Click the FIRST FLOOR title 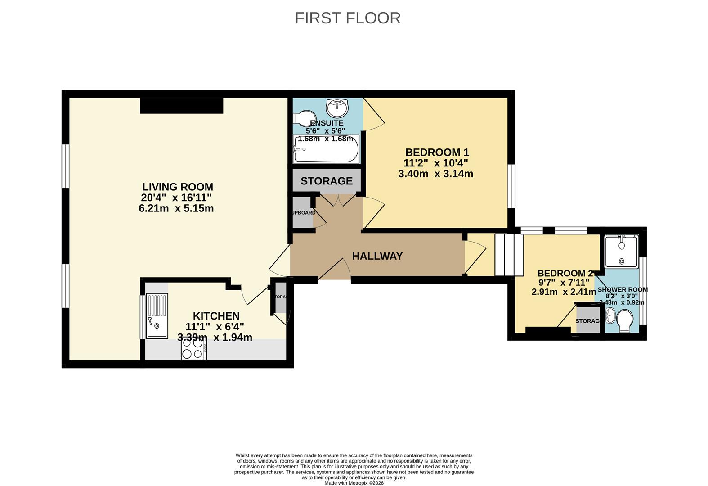[x=347, y=18]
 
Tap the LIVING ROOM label [x=178, y=187]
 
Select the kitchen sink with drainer [x=157, y=315]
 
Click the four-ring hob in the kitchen [x=194, y=348]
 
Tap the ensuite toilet [x=303, y=118]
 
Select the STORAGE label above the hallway [x=327, y=181]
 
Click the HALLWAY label [x=377, y=256]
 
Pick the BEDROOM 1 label [x=437, y=152]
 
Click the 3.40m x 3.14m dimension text [x=435, y=174]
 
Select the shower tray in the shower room [x=621, y=251]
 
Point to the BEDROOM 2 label [x=565, y=273]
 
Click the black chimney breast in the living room [x=181, y=105]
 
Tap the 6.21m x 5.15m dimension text [x=176, y=208]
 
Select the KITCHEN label [x=216, y=316]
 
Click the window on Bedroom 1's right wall [x=511, y=186]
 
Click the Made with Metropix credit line [x=354, y=483]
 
